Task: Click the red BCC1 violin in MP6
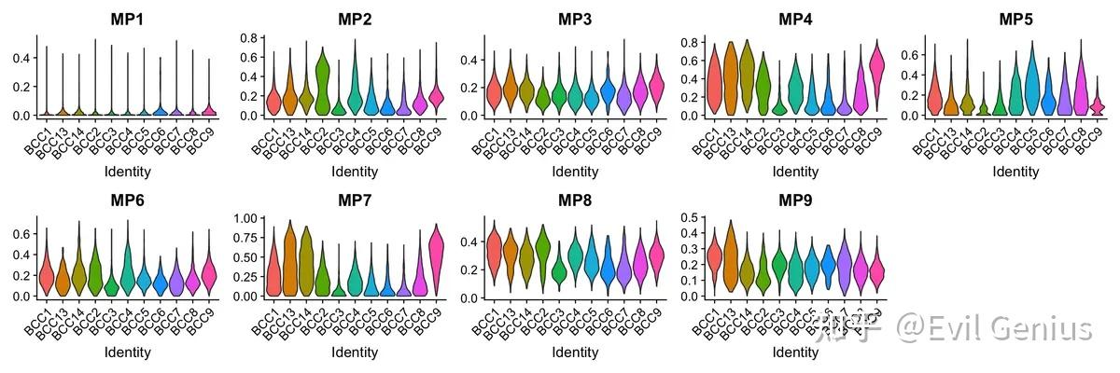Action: (46, 272)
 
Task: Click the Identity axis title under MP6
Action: (124, 352)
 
